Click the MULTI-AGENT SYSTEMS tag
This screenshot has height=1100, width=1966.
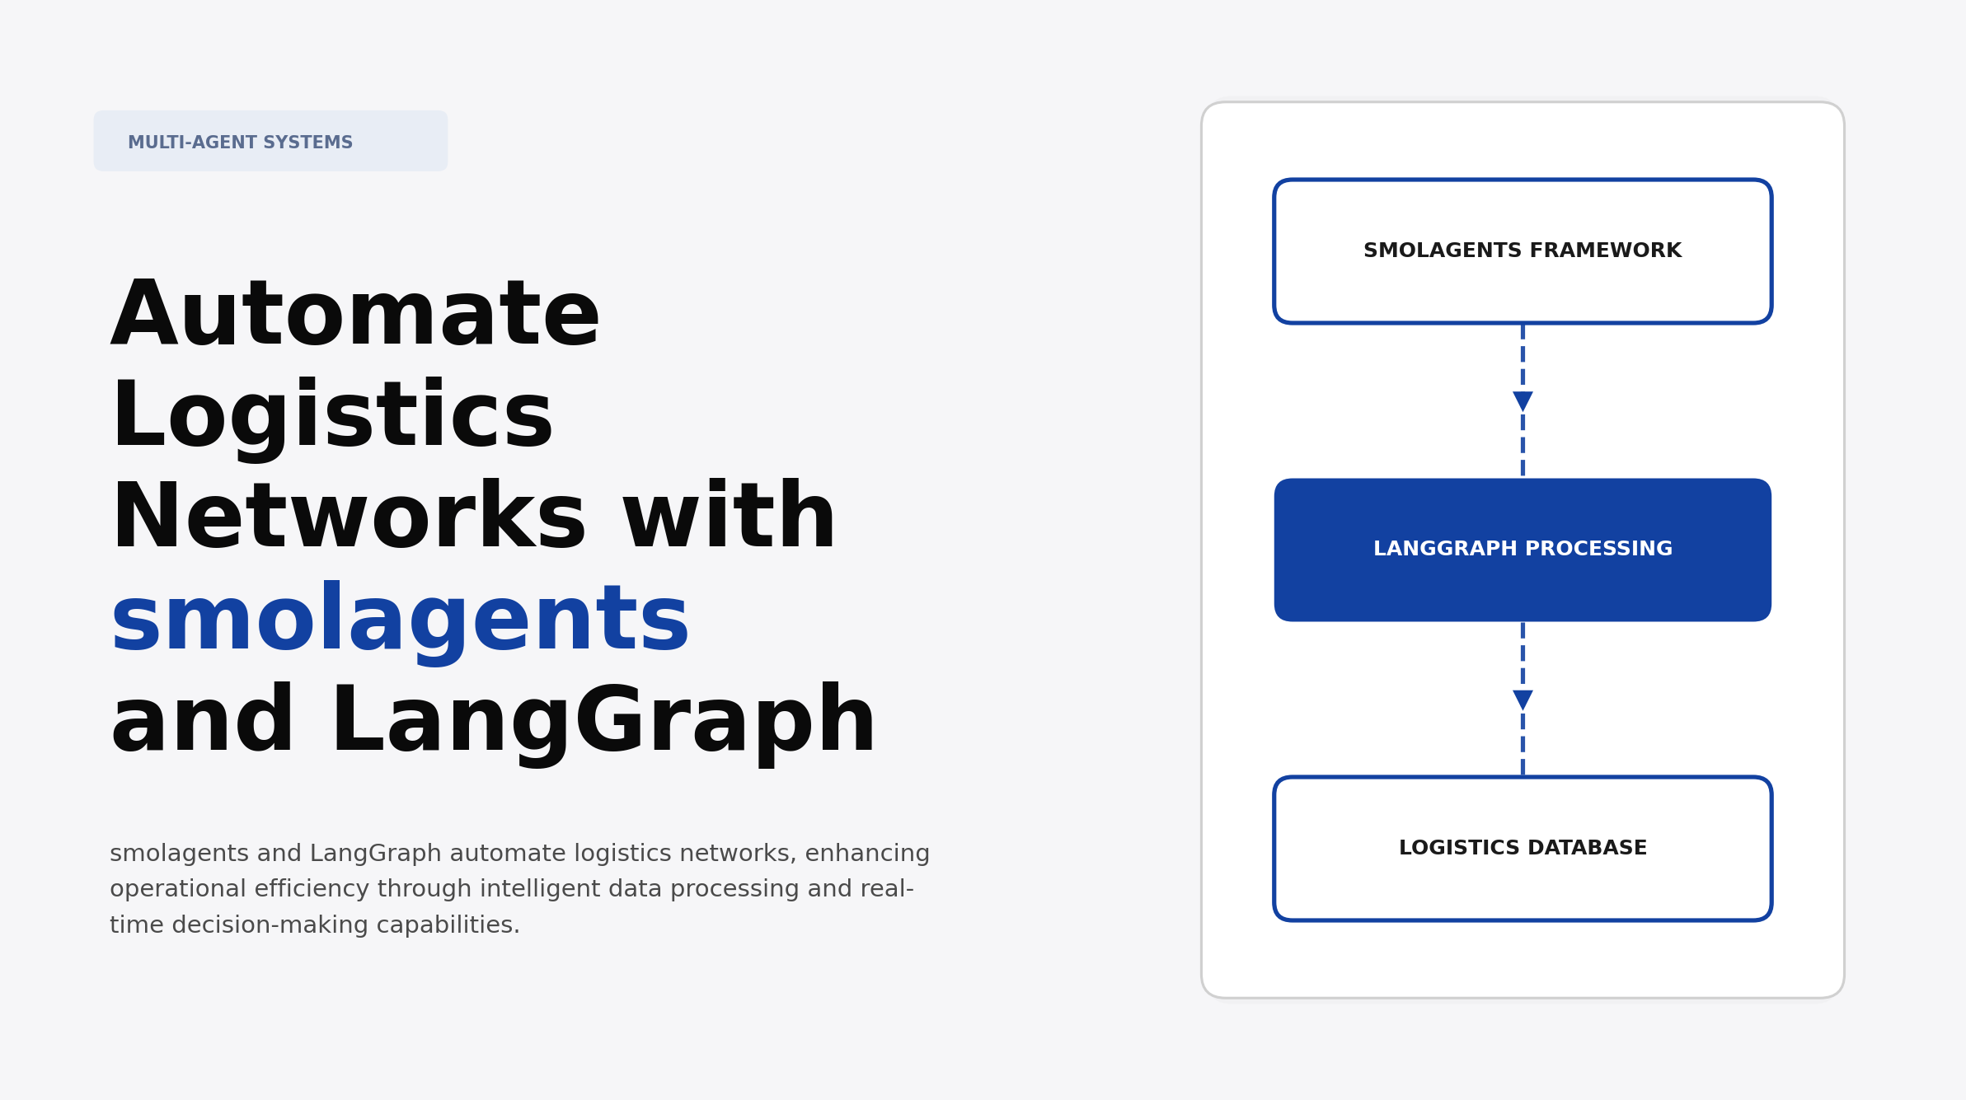pyautogui.click(x=270, y=141)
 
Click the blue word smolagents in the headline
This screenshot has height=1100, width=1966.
pyautogui.click(x=400, y=620)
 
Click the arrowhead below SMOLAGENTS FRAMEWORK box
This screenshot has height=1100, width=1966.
pyautogui.click(x=1523, y=401)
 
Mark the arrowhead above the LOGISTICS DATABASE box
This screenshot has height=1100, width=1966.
pyautogui.click(x=1523, y=700)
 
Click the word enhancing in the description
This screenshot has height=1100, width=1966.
pyautogui.click(x=867, y=854)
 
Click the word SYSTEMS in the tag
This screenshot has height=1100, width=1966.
pyautogui.click(x=308, y=143)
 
